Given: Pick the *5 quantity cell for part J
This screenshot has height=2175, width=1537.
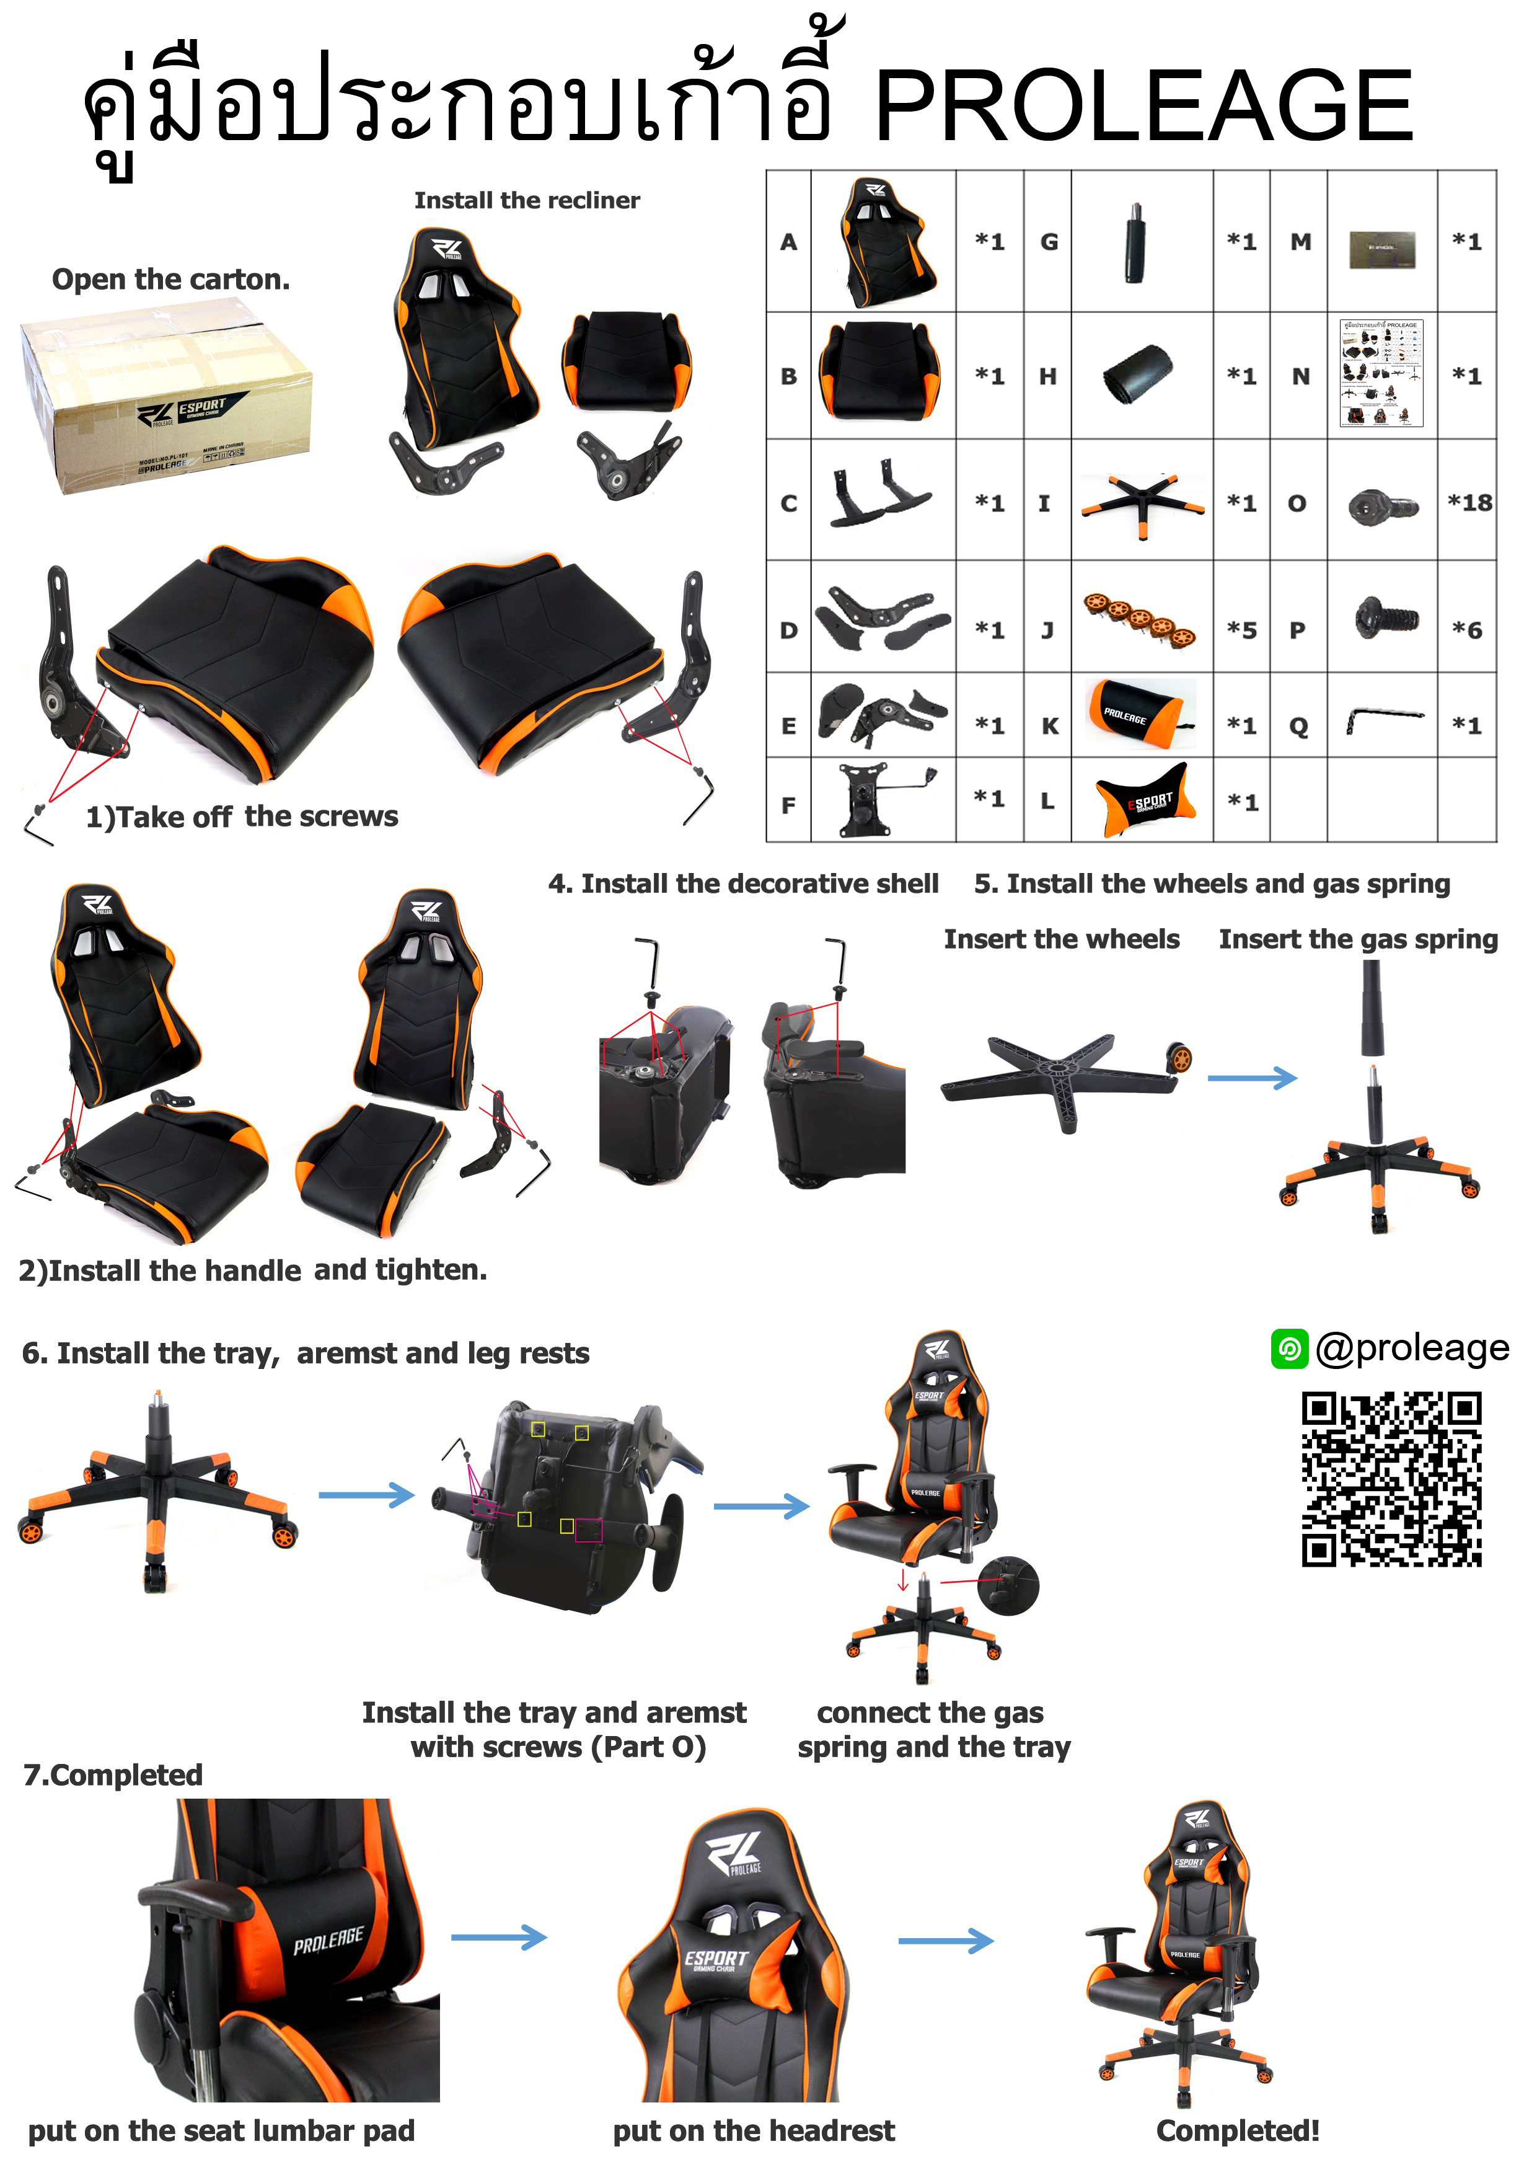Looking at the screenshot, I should tap(1241, 630).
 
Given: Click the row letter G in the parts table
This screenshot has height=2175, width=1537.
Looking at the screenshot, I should tap(1049, 242).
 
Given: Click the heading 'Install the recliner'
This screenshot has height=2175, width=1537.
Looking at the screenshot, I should tap(527, 201).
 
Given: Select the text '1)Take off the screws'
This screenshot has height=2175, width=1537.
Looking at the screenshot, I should tap(242, 817).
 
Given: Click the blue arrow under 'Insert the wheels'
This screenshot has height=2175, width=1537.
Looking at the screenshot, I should tap(1251, 1078).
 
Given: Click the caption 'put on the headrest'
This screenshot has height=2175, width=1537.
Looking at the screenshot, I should tap(753, 2130).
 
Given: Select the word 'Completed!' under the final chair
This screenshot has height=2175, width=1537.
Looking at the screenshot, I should tap(1237, 2130).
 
